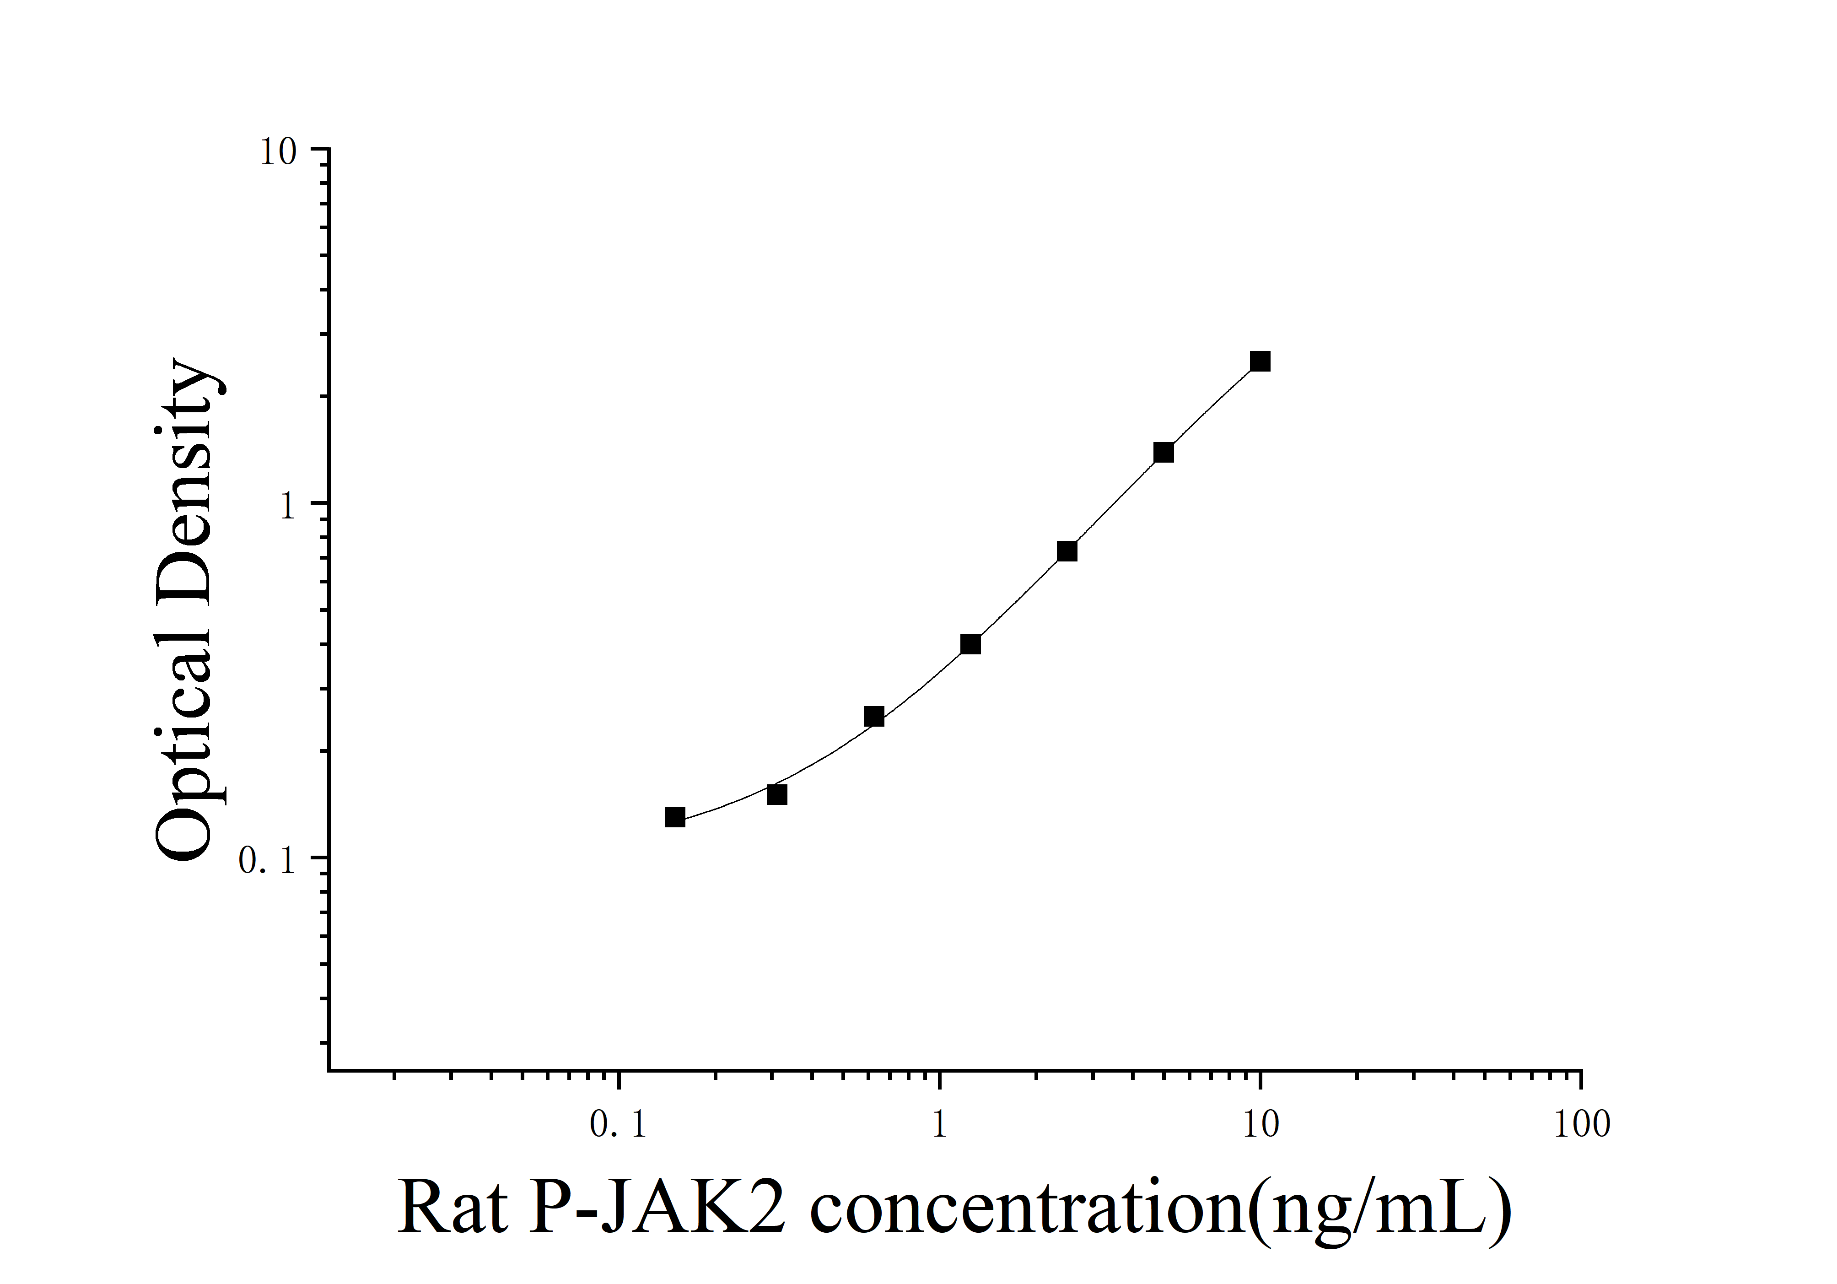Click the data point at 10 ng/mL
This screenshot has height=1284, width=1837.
click(x=1260, y=361)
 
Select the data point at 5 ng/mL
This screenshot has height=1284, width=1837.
click(x=1164, y=453)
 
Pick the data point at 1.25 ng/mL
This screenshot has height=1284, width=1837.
click(x=970, y=644)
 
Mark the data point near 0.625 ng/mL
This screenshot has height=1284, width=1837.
click(x=874, y=717)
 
